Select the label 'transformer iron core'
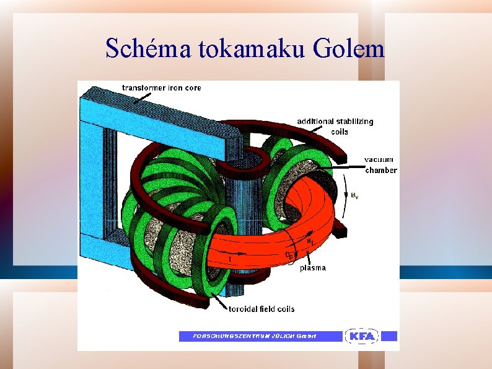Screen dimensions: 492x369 click(161, 88)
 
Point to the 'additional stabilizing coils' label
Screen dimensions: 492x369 click(335, 126)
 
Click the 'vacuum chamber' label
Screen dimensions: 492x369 click(380, 164)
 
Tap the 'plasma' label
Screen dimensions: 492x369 click(312, 268)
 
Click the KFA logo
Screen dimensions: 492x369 click(361, 336)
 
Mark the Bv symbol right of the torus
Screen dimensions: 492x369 click(354, 195)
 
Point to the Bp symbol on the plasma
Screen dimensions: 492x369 click(289, 255)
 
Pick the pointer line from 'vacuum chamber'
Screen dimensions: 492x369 click(345, 166)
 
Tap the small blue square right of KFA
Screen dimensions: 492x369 click(389, 336)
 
